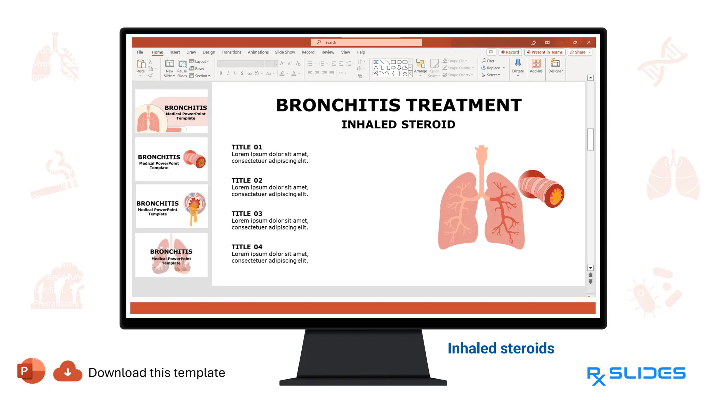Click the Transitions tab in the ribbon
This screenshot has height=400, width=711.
231,52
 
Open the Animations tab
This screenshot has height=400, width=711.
258,52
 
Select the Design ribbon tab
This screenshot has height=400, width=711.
209,52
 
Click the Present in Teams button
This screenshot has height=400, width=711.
544,52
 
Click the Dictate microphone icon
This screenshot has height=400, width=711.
518,63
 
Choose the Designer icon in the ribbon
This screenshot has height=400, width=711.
555,63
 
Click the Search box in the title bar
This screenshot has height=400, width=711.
366,42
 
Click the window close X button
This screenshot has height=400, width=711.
589,42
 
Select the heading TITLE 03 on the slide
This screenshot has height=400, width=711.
247,214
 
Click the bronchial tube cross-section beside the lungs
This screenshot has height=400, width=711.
542,189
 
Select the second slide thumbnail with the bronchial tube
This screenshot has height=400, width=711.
172,159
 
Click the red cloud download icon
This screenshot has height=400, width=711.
68,372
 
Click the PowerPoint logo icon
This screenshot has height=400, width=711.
31,371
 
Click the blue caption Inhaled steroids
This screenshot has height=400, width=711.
501,348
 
